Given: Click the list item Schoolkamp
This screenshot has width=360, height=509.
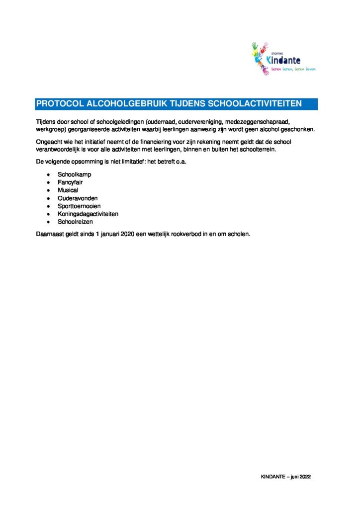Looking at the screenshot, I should (x=75, y=175).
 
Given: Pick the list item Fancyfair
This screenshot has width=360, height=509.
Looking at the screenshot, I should (x=70, y=182).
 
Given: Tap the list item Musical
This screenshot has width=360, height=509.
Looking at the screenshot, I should (x=68, y=190).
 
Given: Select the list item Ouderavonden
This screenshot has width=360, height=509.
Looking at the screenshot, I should (x=78, y=198).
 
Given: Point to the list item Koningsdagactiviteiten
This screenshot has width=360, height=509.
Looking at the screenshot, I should (x=88, y=214).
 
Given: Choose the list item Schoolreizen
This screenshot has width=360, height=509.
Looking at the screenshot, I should (x=75, y=222).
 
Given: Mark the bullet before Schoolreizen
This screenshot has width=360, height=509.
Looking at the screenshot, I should (x=48, y=222).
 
